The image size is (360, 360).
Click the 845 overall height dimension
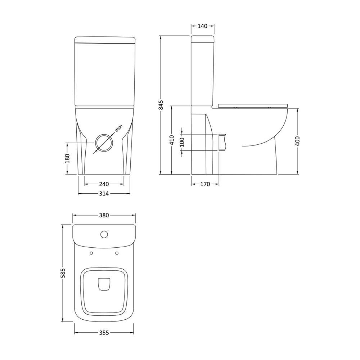coord(161,105)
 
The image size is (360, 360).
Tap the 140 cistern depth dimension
coord(203,26)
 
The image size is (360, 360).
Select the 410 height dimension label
coord(172,140)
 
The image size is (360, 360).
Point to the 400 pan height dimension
coord(297,141)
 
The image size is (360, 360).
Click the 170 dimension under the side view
coord(205,184)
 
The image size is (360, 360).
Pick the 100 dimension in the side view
coord(182,142)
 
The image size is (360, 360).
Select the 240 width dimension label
coord(104,184)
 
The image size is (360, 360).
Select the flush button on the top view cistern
coord(104,235)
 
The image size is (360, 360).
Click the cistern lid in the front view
coord(105,39)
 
